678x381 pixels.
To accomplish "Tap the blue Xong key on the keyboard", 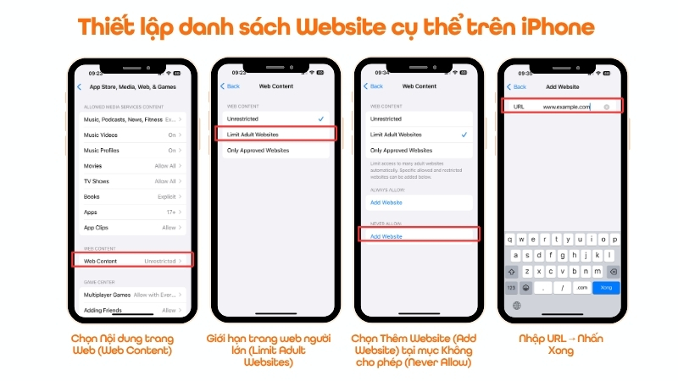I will (x=606, y=288).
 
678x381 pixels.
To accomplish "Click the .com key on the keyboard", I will (x=581, y=288).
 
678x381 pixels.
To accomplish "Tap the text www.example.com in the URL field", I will (x=566, y=107).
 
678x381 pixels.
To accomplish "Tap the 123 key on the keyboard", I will (x=512, y=288).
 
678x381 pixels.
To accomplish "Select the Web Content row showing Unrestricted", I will (x=134, y=261).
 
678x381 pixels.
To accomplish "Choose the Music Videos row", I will (x=134, y=135).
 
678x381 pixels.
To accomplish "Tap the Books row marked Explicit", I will (x=134, y=196).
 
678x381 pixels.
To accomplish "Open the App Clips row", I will (x=134, y=228).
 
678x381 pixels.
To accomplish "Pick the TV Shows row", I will (x=134, y=181).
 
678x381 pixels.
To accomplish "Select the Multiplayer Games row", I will (x=134, y=294).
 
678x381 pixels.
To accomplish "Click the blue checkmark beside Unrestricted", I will (x=320, y=119).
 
